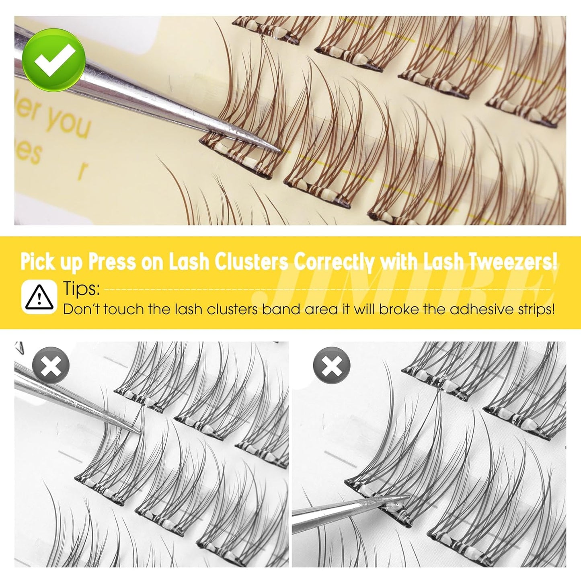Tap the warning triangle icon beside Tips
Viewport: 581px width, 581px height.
(x=39, y=297)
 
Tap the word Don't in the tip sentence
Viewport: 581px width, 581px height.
(x=78, y=309)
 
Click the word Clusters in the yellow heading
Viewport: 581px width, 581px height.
(x=251, y=262)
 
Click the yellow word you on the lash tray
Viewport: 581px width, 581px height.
(x=67, y=121)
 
